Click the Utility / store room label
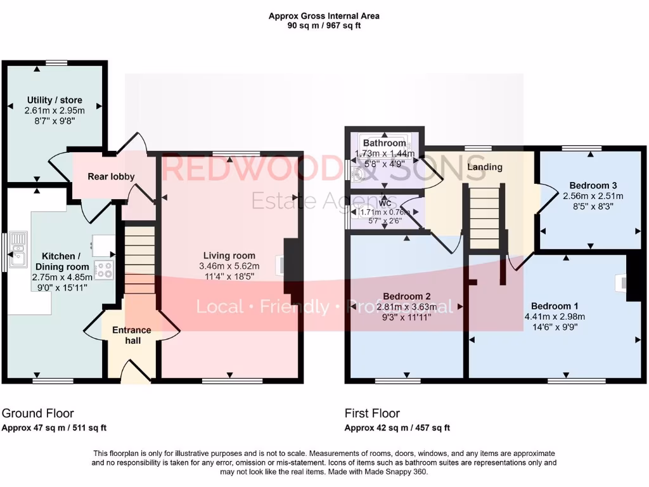click(55, 100)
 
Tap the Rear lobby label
click(111, 176)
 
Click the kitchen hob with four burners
click(104, 270)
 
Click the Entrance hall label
click(131, 335)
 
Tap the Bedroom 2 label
click(407, 296)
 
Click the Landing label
click(485, 167)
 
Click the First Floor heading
click(372, 413)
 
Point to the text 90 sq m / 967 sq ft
click(324, 25)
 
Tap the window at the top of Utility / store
click(56, 62)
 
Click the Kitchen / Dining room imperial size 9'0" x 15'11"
click(62, 287)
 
